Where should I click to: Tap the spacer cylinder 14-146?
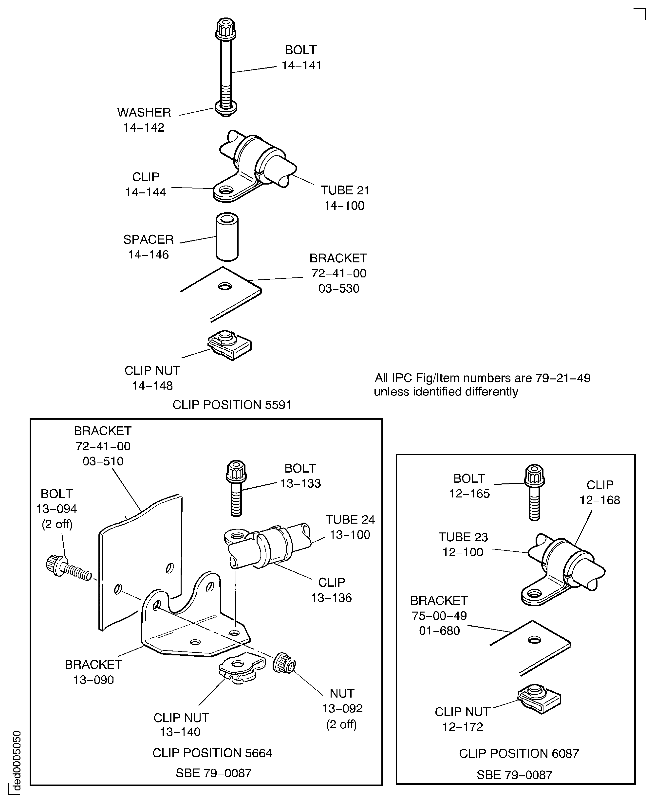(x=227, y=237)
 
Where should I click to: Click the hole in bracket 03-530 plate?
(x=225, y=287)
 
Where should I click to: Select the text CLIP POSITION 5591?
(x=231, y=405)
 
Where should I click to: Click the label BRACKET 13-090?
(x=93, y=672)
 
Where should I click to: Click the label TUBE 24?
(x=350, y=519)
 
